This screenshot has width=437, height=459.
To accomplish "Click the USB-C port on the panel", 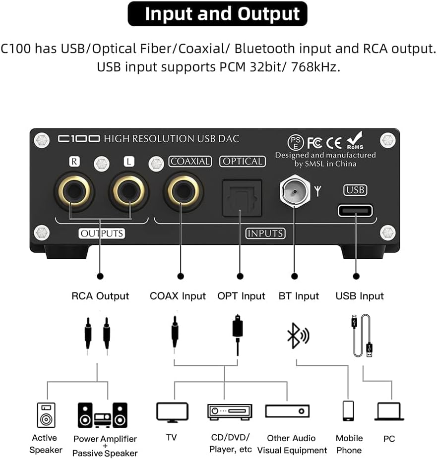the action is point(356,211).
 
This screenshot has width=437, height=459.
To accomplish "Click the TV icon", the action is point(172,412).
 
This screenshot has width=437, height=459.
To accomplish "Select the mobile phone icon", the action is point(349,411).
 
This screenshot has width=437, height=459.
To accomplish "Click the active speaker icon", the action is point(46,414).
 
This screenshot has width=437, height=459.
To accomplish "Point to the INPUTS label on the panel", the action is point(265,233).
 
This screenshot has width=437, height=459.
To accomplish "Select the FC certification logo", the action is point(314,143).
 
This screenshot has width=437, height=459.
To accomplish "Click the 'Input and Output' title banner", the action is point(218,14).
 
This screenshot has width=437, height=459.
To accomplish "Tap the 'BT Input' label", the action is point(299,296).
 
